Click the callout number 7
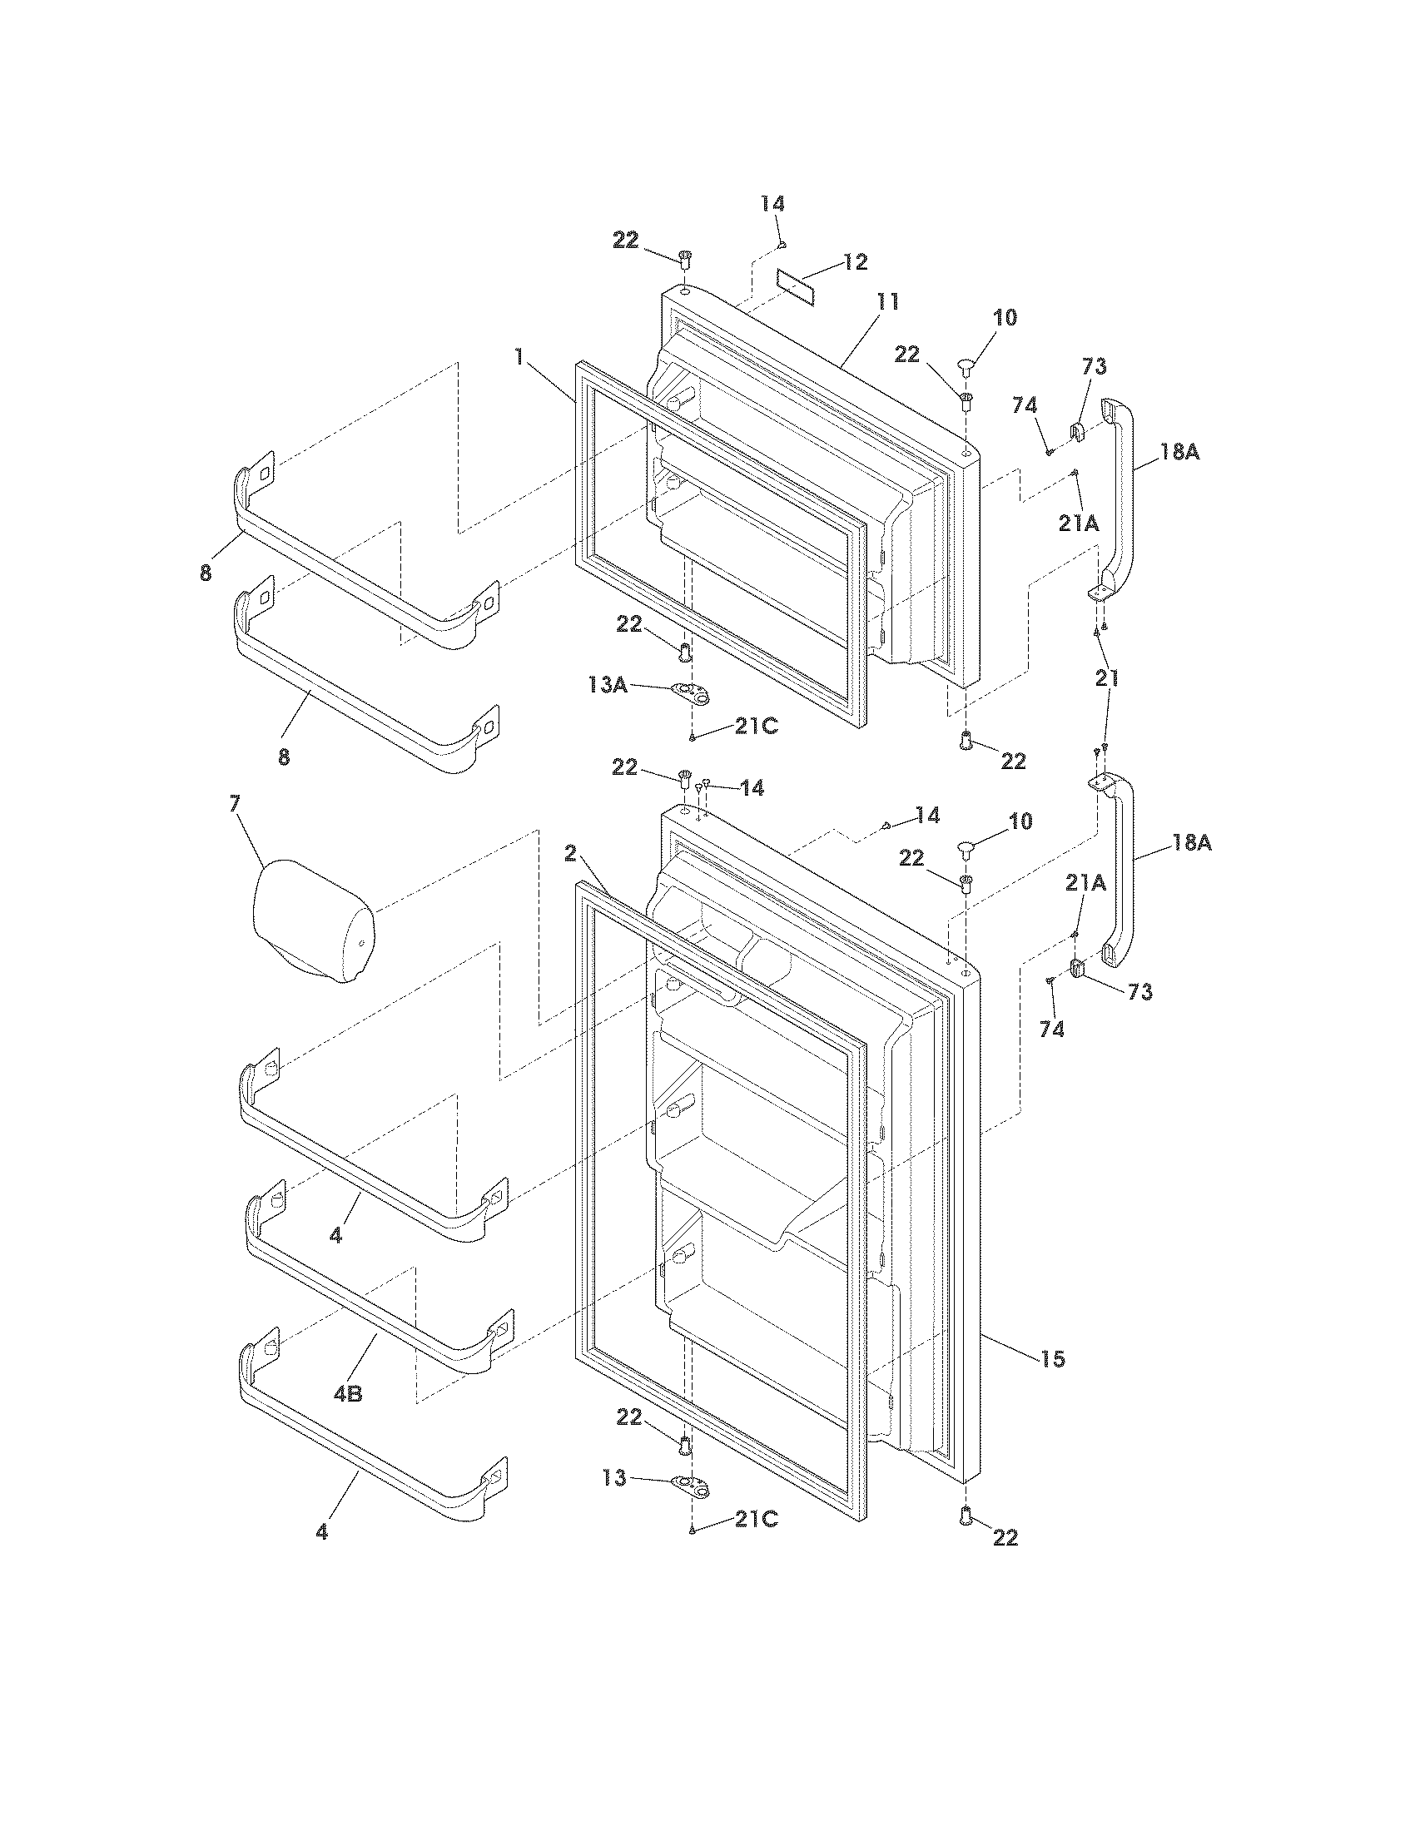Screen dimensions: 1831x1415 click(x=235, y=803)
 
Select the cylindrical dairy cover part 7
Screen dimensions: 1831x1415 click(x=312, y=920)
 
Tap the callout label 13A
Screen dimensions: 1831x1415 click(x=608, y=684)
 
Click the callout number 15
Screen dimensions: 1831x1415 click(x=1053, y=1359)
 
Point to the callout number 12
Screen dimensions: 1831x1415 click(x=855, y=261)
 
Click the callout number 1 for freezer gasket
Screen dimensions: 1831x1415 click(x=519, y=358)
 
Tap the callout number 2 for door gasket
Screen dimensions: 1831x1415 click(x=570, y=853)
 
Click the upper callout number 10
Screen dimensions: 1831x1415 click(x=1005, y=318)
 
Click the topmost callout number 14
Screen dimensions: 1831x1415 click(x=773, y=204)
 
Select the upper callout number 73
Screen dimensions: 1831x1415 click(x=1094, y=365)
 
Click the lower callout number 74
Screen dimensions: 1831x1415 click(x=1052, y=1029)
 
